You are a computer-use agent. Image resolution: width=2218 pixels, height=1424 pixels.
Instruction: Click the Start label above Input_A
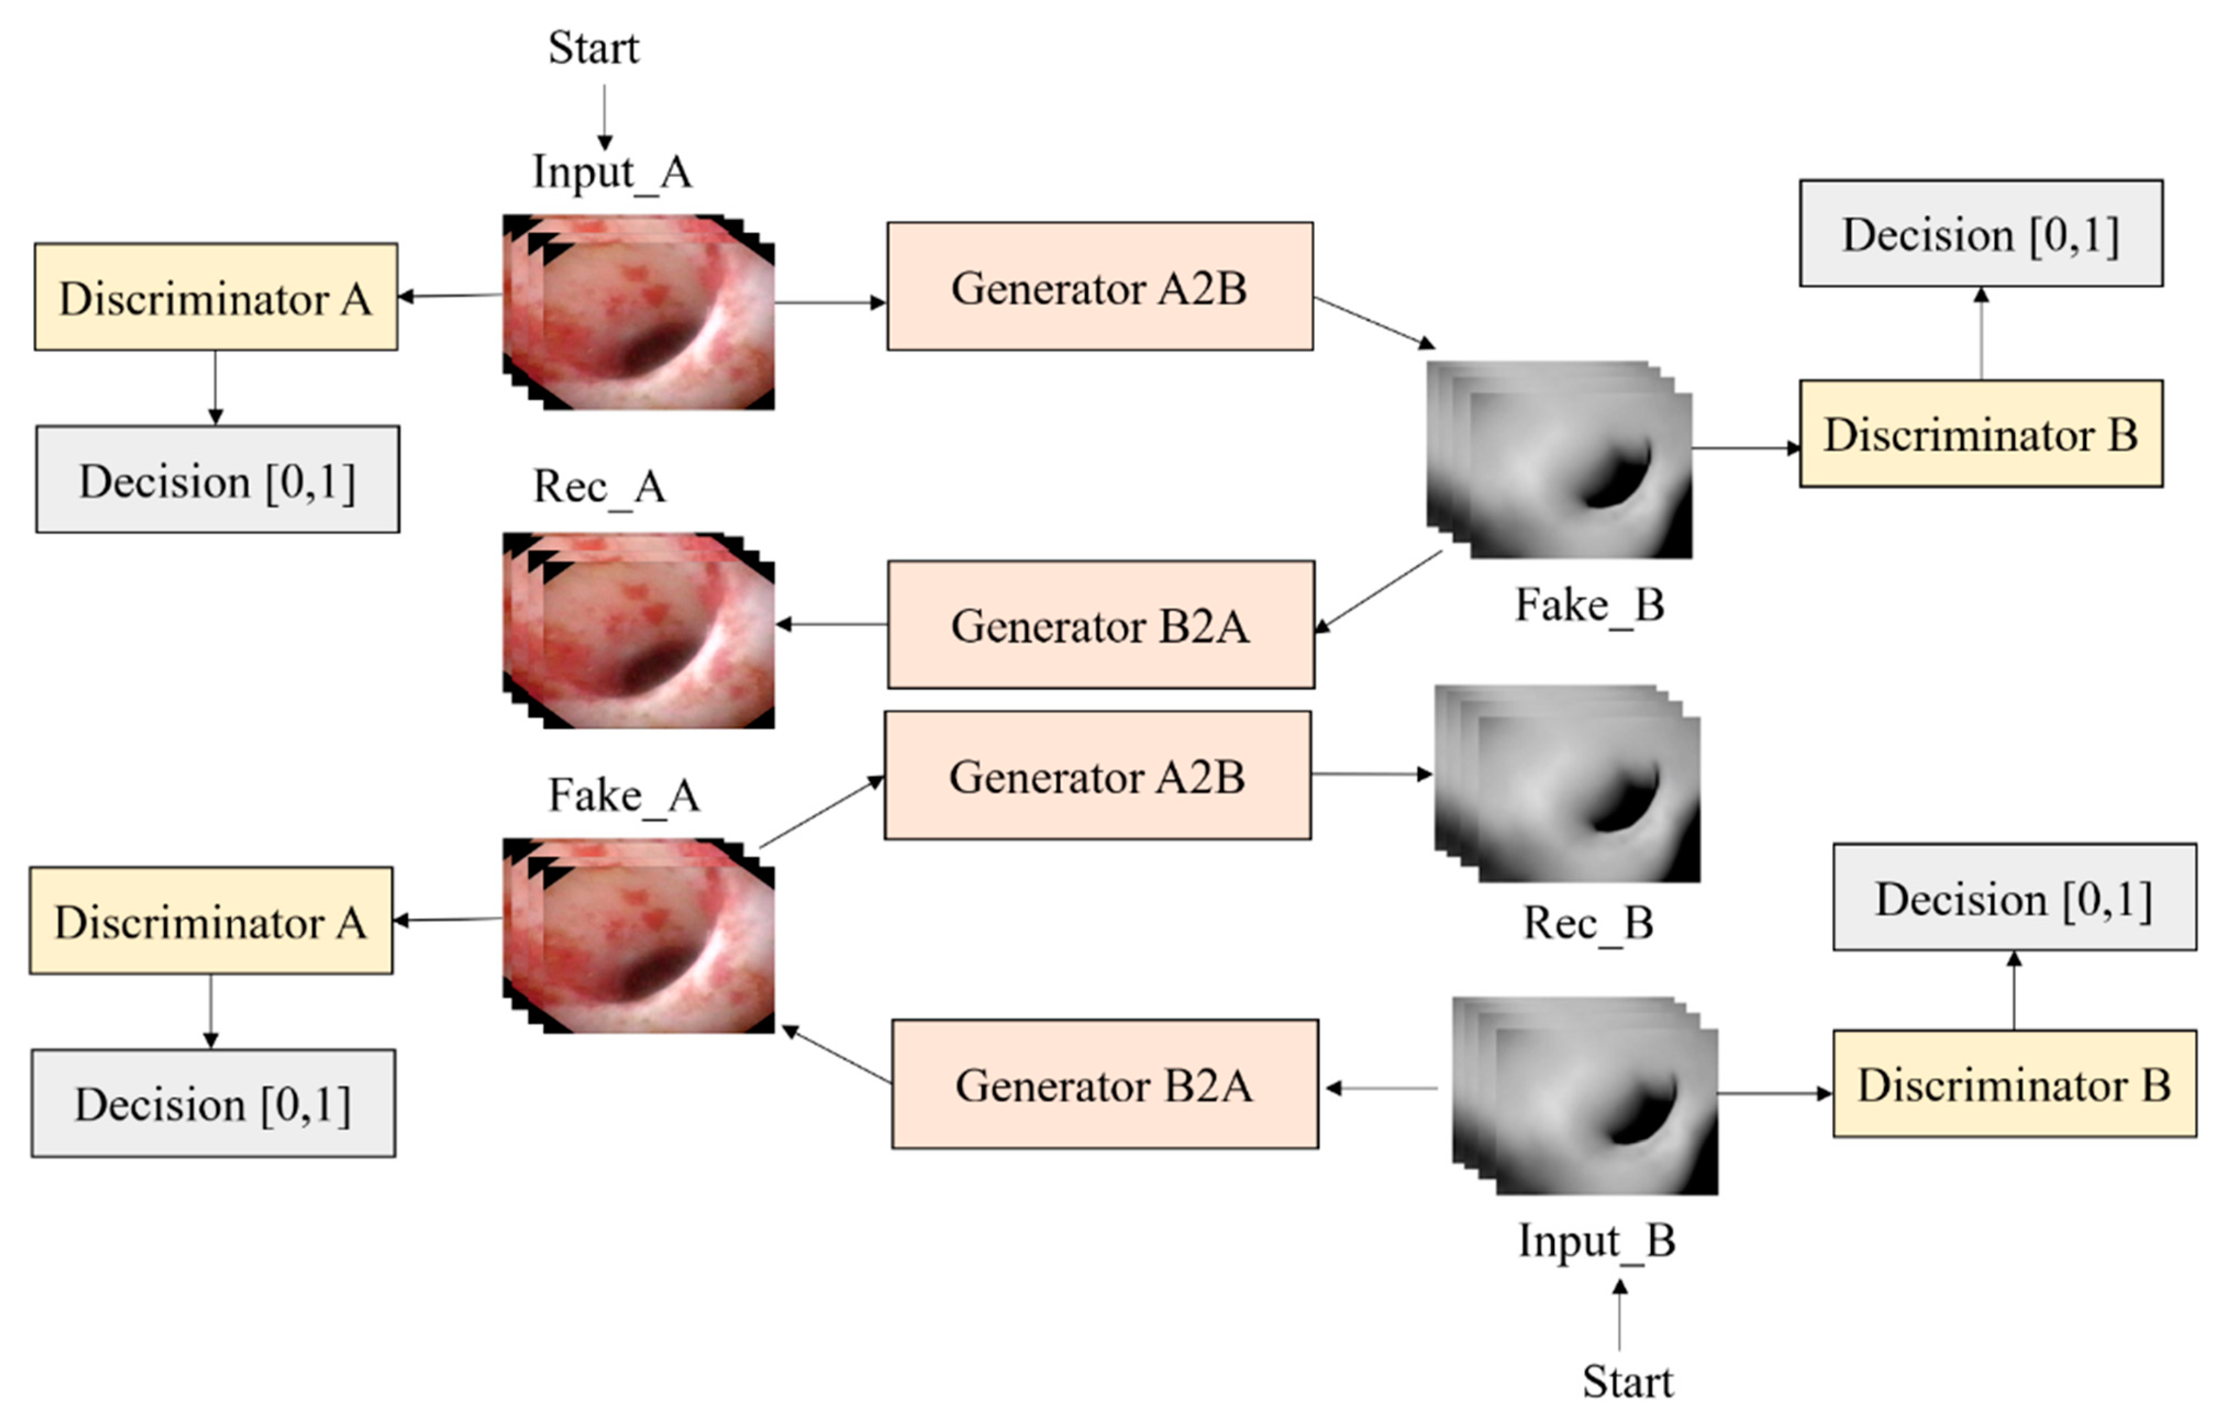[x=593, y=48]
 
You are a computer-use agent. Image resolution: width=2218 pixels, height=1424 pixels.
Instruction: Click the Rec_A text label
[x=598, y=487]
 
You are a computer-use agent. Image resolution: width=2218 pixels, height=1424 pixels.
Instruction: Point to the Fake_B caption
[x=1589, y=606]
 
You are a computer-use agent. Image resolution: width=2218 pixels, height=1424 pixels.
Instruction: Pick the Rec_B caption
[x=1587, y=923]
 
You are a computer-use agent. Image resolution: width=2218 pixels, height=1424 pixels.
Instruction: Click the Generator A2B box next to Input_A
[x=1099, y=287]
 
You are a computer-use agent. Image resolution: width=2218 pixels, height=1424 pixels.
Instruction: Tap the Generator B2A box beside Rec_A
[x=1100, y=625]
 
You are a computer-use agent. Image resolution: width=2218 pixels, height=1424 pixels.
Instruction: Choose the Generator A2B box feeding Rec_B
[x=1097, y=776]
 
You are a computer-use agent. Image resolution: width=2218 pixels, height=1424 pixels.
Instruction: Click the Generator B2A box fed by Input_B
[x=1104, y=1085]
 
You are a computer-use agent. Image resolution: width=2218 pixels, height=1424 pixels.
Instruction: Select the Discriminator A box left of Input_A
[x=215, y=298]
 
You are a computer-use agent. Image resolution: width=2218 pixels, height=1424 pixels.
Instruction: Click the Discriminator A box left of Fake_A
[x=211, y=921]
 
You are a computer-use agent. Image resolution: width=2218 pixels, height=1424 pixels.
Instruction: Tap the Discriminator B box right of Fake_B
[x=1980, y=434]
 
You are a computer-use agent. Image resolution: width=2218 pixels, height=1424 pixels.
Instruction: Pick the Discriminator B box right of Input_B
[x=2014, y=1085]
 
